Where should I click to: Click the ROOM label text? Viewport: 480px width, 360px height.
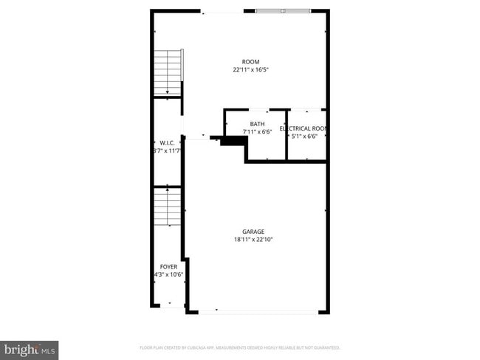click(250, 62)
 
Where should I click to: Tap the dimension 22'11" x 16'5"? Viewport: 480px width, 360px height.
click(250, 70)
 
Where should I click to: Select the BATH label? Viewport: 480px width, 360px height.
click(257, 124)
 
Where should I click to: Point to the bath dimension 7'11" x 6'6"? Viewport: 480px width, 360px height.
click(257, 132)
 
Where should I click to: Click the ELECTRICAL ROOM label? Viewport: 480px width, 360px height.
click(304, 128)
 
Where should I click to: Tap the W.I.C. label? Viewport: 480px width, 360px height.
click(166, 142)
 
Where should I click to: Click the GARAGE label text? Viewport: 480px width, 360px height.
click(253, 231)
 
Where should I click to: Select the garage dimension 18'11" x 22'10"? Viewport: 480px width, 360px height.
click(253, 239)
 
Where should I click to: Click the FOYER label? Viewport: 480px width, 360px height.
click(168, 266)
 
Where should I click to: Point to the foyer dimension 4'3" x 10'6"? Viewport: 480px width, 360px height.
click(168, 274)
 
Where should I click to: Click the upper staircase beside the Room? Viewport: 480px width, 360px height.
click(168, 72)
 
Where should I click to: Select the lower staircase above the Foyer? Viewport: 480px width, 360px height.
click(168, 210)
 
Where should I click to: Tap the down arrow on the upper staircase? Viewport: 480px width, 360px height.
click(168, 91)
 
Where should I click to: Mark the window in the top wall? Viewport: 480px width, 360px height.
click(283, 11)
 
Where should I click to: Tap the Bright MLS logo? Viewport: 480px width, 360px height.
click(30, 349)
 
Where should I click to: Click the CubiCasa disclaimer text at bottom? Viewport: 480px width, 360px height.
click(239, 347)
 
